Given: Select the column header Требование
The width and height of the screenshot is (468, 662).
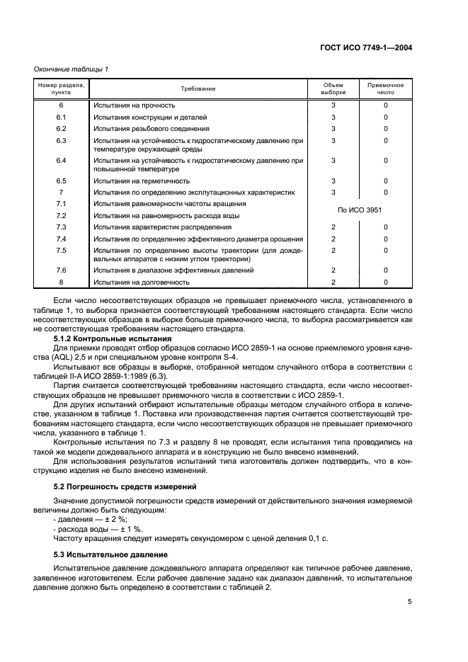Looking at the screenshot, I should [x=198, y=89].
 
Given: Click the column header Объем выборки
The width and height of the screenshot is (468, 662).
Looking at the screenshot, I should [x=333, y=89].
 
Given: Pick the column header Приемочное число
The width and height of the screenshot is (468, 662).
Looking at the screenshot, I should [x=385, y=89].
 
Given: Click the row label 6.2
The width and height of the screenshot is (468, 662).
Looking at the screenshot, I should [x=61, y=129].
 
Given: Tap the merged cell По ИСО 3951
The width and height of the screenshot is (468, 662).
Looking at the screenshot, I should [x=360, y=210].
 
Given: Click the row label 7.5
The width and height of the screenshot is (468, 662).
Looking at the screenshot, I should [x=61, y=250].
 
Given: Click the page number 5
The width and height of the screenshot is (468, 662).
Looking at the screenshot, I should [x=409, y=602].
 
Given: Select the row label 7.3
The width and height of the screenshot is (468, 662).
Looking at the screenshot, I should [x=61, y=227].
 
